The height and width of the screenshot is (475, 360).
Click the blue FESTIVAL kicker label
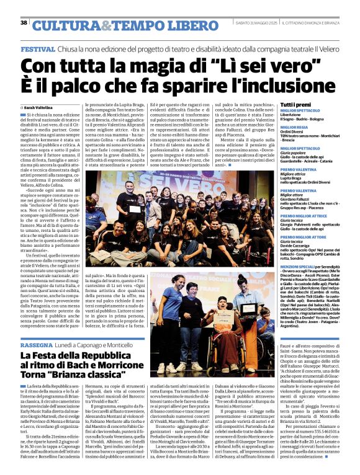[x=37, y=48]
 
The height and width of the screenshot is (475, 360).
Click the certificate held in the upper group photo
[x=134, y=210]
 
